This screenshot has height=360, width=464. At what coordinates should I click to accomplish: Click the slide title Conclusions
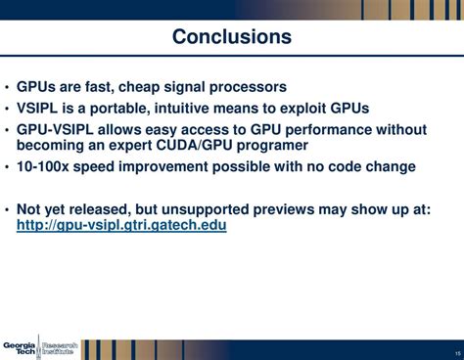pos(232,37)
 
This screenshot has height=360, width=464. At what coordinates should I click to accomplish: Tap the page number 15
pos(457,353)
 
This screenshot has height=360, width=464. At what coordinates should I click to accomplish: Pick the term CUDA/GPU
pos(199,145)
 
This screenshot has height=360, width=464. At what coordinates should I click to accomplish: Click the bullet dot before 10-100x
pos(8,167)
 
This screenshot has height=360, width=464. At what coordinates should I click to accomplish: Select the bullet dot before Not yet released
pos(8,209)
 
